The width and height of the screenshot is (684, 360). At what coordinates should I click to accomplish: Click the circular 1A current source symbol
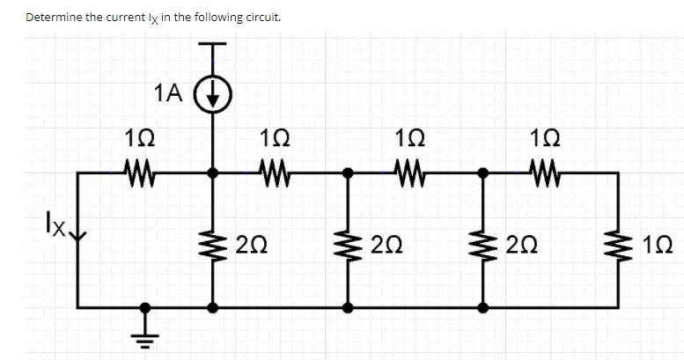pyautogui.click(x=212, y=92)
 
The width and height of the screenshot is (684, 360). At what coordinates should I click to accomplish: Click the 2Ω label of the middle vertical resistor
pyautogui.click(x=386, y=244)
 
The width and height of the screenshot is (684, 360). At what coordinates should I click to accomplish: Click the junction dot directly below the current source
pyautogui.click(x=212, y=173)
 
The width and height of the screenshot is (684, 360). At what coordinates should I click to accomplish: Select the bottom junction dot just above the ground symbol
pyautogui.click(x=145, y=308)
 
